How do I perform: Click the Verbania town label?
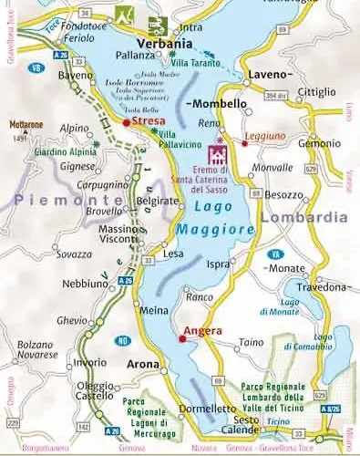(x=163, y=44)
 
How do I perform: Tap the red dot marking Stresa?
(x=127, y=120)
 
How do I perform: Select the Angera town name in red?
(x=201, y=330)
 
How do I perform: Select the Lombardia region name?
(x=303, y=217)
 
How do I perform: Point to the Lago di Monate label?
(x=278, y=306)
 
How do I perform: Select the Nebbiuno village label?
(x=85, y=284)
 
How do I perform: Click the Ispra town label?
(x=220, y=264)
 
